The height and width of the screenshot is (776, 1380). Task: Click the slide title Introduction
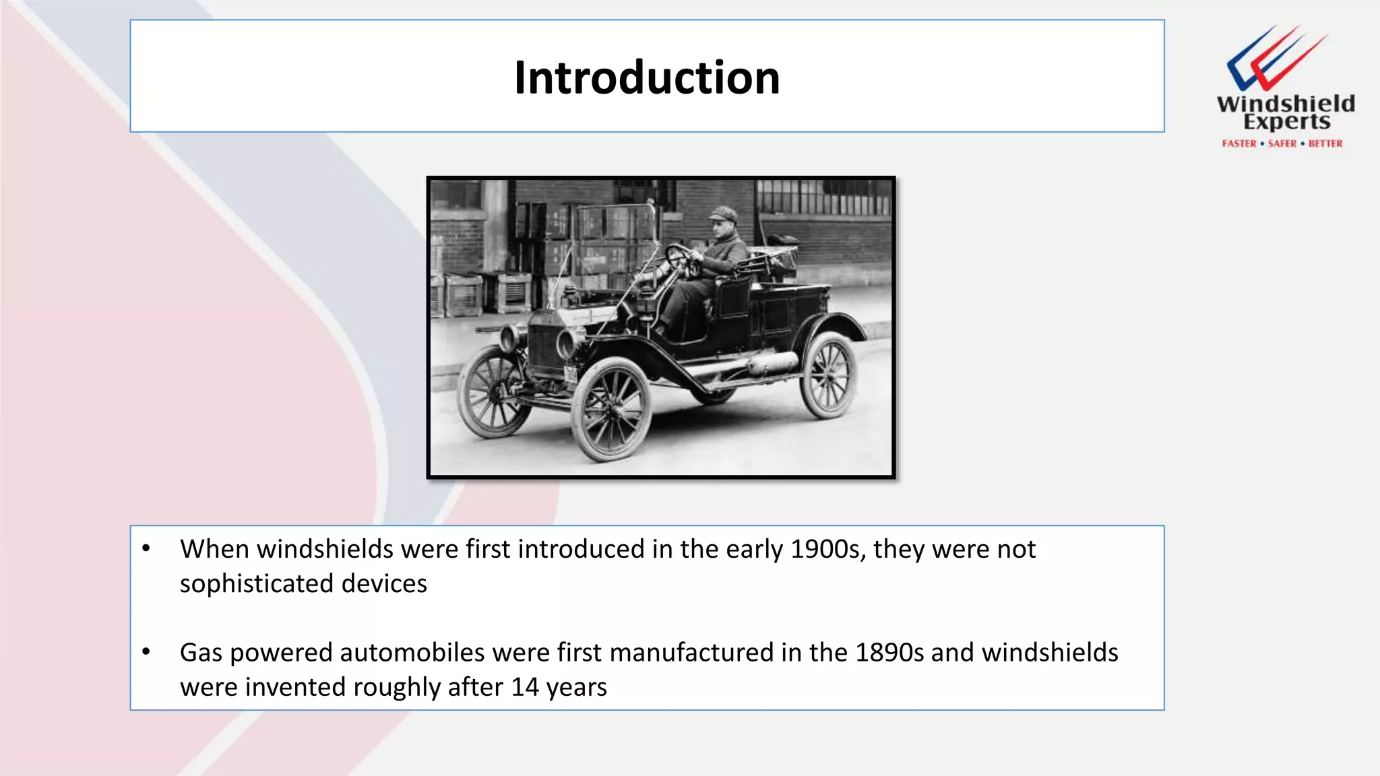[647, 77]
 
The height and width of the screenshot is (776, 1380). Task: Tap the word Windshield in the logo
[1286, 104]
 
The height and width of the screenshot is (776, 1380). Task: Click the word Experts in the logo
[1286, 122]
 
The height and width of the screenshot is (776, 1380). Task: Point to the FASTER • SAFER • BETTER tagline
[1282, 143]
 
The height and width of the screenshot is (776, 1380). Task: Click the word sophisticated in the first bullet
[257, 583]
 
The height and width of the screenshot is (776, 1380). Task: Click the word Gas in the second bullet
[201, 653]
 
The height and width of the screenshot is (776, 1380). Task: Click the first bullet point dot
[146, 548]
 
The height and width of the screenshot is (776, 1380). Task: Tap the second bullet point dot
[146, 652]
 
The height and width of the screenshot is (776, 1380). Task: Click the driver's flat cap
[723, 214]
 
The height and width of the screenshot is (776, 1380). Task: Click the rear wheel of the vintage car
[828, 375]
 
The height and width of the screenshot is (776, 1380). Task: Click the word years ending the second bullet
[576, 687]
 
